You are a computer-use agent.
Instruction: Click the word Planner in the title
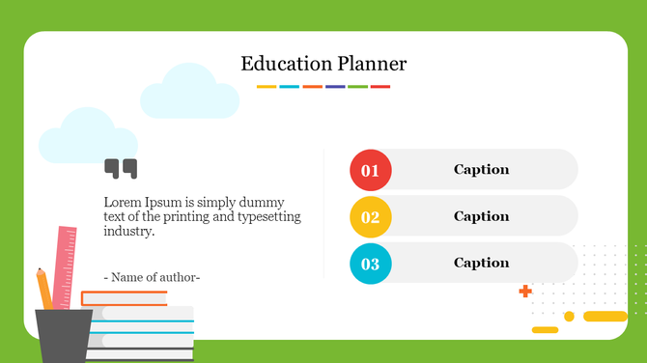click(373, 65)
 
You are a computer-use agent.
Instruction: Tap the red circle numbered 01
click(370, 171)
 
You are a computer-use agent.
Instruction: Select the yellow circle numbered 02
click(370, 217)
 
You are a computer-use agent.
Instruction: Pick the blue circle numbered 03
click(370, 264)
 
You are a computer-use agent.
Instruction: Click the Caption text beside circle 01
click(481, 170)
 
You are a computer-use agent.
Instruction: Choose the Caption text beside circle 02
click(481, 216)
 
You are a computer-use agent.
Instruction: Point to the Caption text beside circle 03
click(481, 263)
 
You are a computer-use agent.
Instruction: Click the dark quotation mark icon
click(121, 169)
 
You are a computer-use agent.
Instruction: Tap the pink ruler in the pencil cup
click(67, 265)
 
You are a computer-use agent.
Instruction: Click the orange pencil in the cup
click(44, 289)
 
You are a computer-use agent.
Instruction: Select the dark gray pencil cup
click(65, 334)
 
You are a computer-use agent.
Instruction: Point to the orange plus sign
click(525, 291)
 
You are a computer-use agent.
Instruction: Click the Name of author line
click(152, 277)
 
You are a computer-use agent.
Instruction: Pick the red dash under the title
click(380, 87)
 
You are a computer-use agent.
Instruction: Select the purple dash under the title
click(335, 87)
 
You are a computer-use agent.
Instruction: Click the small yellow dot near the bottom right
click(569, 316)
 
